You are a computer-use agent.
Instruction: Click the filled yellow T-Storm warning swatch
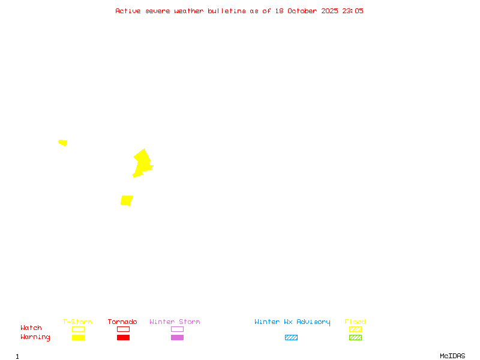point(78,337)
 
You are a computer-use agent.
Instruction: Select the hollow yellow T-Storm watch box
point(78,329)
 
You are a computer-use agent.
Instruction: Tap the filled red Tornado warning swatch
point(123,337)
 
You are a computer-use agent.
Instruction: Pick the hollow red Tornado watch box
point(123,329)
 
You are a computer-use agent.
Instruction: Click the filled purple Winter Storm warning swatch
point(177,337)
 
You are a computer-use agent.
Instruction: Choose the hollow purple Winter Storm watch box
point(177,329)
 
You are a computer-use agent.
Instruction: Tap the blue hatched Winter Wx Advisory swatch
point(291,337)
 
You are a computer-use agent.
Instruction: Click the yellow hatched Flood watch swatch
point(355,329)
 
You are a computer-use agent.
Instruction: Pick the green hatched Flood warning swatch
point(355,337)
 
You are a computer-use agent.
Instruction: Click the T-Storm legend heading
point(77,322)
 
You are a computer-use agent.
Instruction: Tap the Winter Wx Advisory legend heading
point(292,322)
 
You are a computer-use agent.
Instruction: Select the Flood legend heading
point(355,322)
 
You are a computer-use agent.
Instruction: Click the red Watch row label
point(31,328)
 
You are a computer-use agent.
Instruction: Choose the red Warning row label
point(35,337)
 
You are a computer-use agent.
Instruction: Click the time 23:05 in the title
point(353,11)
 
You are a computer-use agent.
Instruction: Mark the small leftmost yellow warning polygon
point(63,143)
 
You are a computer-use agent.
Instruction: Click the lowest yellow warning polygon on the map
point(127,200)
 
